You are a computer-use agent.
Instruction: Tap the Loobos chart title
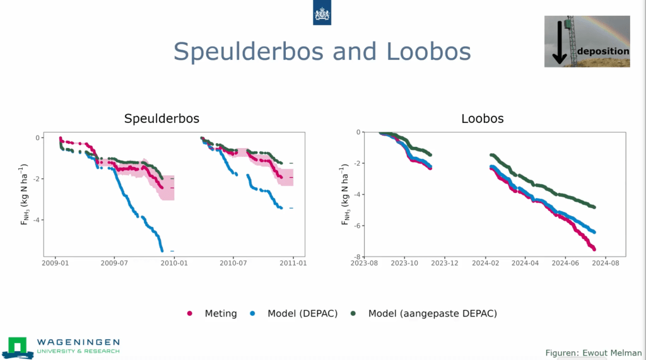[483, 119]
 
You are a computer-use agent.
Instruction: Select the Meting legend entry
[220, 313]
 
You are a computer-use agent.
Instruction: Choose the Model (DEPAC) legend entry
[302, 313]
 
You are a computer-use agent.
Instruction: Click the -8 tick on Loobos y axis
[357, 257]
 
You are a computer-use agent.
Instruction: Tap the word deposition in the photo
[603, 51]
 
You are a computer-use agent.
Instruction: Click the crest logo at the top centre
[322, 13]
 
